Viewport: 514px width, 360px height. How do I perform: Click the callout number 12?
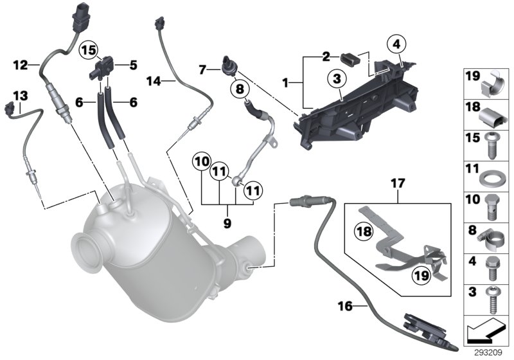coord(21,64)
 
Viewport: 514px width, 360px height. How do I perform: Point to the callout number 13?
coord(21,95)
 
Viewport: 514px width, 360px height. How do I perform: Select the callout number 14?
coord(152,81)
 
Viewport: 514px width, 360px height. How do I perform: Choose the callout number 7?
coord(202,67)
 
